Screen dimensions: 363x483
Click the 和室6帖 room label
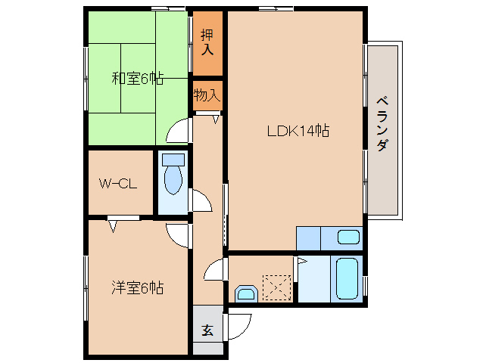137,78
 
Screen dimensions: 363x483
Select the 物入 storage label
207,95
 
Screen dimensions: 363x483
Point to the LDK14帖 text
297,130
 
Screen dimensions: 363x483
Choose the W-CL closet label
117,183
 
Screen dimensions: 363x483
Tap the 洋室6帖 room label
137,287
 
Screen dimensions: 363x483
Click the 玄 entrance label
207,330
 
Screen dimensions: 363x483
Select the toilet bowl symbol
173,180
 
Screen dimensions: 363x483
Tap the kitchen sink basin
348,237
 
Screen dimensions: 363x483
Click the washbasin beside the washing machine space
245,293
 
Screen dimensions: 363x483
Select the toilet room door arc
201,201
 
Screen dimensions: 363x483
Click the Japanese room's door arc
178,132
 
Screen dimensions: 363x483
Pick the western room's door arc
179,235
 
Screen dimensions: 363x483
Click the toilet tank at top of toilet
173,161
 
